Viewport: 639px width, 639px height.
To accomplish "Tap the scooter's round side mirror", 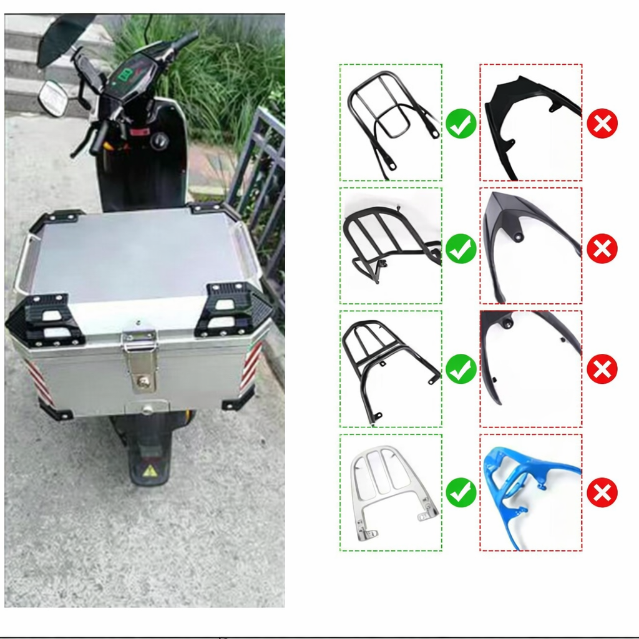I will [53, 99].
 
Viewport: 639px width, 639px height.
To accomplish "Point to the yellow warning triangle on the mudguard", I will [150, 471].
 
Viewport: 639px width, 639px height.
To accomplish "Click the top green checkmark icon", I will [461, 124].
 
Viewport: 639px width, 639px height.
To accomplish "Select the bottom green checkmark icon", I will [461, 493].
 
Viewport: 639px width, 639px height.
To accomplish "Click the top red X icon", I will [602, 124].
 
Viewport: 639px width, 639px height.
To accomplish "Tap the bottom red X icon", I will [602, 493].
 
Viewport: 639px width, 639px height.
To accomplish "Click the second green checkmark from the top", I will [461, 248].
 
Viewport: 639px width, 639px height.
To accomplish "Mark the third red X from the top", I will [602, 370].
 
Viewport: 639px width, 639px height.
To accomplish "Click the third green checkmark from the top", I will [461, 369].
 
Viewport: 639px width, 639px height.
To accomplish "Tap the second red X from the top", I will [602, 248].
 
